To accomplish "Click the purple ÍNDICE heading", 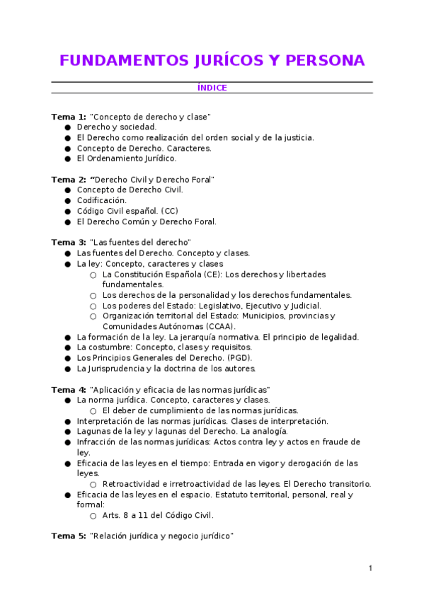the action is (212, 88).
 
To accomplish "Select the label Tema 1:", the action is (69, 116).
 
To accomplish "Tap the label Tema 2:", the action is (69, 180).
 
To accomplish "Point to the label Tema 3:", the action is (69, 243).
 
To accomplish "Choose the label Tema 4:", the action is (69, 390).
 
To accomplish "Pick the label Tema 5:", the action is (69, 536).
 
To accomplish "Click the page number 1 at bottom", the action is (370, 568).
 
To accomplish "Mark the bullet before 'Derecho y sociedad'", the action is (67, 127).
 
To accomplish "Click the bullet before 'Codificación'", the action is (67, 201).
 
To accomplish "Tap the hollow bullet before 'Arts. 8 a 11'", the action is (93, 516).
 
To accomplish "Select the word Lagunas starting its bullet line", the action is (91, 431).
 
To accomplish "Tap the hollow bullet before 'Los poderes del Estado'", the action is (93, 306).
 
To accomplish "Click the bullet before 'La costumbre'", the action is (67, 347).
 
